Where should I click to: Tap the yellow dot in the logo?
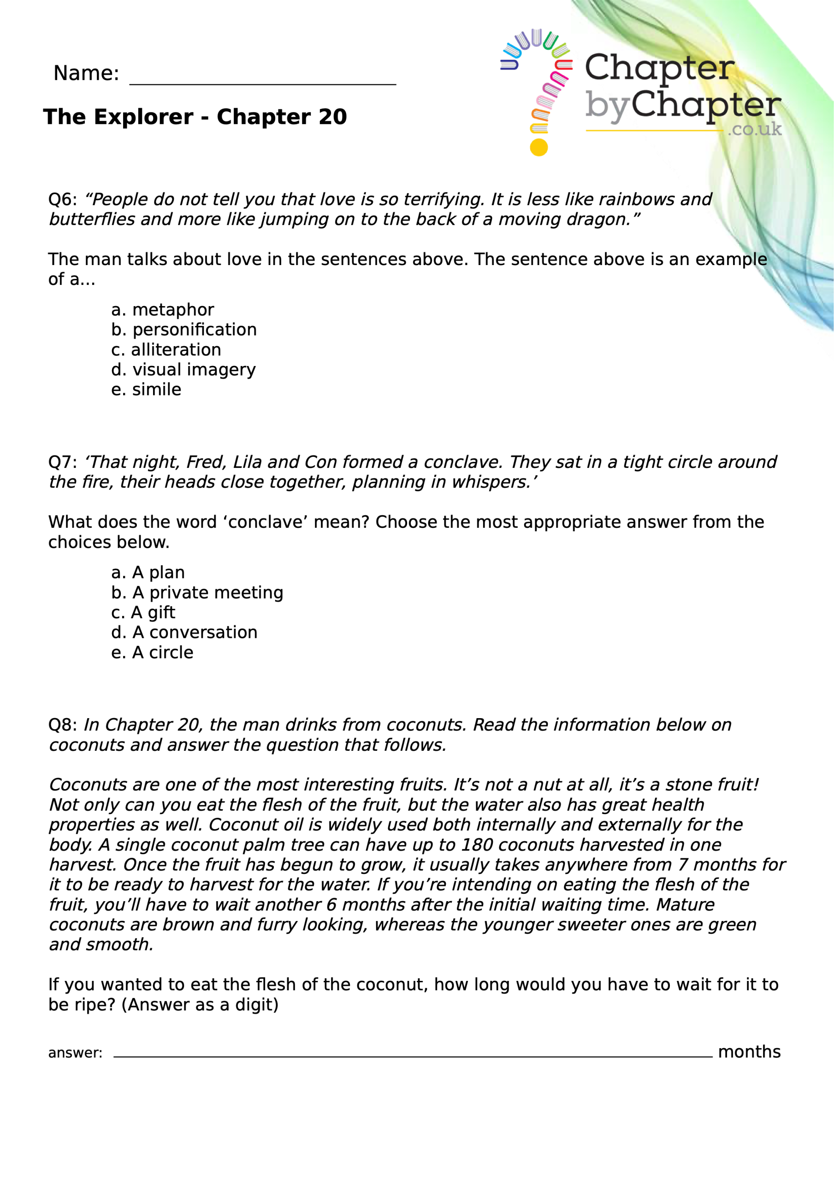tap(538, 147)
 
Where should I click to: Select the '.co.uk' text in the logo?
tap(754, 129)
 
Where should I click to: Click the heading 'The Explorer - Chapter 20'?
tap(195, 117)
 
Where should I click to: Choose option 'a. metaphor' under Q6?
tap(162, 310)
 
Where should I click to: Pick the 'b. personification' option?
tap(183, 330)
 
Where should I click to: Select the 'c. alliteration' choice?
tap(166, 350)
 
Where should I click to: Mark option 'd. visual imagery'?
tap(183, 370)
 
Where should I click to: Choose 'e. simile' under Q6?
tap(146, 389)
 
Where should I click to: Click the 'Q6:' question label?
tap(62, 200)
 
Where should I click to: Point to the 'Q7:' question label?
tap(62, 462)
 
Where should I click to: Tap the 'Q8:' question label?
tap(62, 725)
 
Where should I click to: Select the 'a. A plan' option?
tap(148, 572)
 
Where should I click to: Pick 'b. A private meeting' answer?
tap(197, 593)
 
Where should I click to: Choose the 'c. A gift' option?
tap(143, 613)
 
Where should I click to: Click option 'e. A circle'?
tap(152, 653)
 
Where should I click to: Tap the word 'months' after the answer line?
tap(749, 1052)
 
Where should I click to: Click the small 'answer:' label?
tap(75, 1053)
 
